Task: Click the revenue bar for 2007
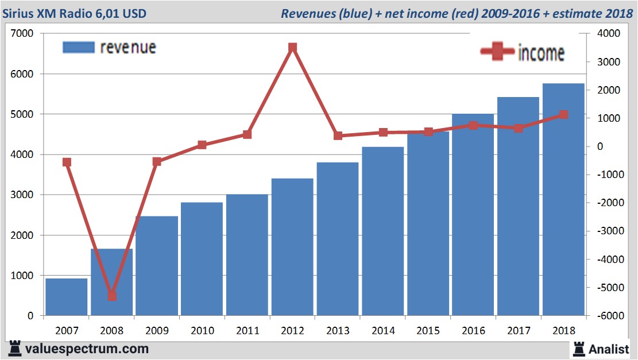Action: tap(67, 297)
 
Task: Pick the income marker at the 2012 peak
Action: tap(293, 48)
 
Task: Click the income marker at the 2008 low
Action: tap(112, 296)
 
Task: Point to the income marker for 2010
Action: tap(202, 145)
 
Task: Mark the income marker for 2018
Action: tap(564, 115)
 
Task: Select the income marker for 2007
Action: tap(67, 162)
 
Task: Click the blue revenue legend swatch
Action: tap(78, 47)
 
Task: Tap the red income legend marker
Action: tap(497, 52)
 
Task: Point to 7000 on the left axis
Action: tap(22, 34)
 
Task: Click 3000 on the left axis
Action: tap(22, 195)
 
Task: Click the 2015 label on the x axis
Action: tap(428, 331)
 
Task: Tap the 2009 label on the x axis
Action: tap(157, 331)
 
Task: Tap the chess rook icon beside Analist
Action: tap(579, 348)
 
